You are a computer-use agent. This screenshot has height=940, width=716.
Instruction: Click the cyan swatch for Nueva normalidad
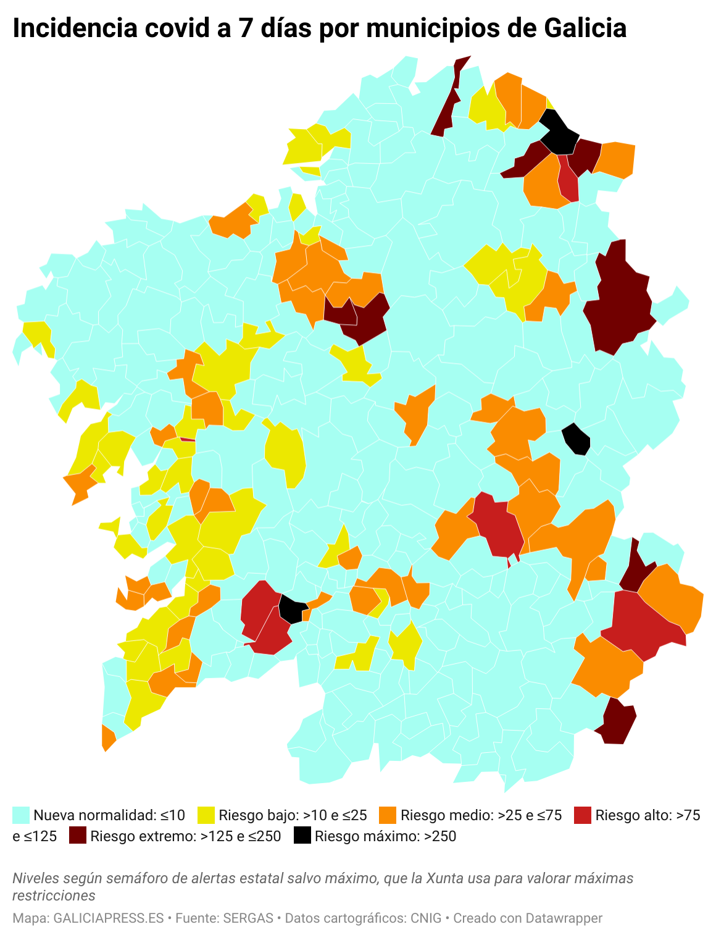[x=21, y=815]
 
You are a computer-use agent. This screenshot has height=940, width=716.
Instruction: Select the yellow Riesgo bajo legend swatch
[x=206, y=815]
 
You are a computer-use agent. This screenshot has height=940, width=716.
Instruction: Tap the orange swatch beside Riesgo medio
[x=388, y=815]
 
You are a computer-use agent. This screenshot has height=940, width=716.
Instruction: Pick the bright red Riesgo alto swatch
[x=583, y=815]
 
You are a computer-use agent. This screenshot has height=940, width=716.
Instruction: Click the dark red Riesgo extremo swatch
[x=78, y=836]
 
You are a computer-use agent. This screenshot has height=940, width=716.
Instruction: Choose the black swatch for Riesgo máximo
[x=302, y=836]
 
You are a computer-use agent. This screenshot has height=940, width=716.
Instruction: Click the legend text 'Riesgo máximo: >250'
[x=385, y=836]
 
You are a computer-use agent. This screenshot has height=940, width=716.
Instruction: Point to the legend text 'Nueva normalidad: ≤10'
[x=109, y=815]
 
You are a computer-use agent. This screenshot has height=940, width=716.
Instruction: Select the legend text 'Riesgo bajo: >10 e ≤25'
[x=293, y=815]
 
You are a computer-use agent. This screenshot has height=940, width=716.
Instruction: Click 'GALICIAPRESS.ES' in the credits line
[x=109, y=918]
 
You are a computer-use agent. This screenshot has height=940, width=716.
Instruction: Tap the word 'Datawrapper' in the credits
[x=564, y=918]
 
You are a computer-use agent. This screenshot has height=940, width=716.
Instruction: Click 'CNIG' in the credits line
[x=426, y=918]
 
